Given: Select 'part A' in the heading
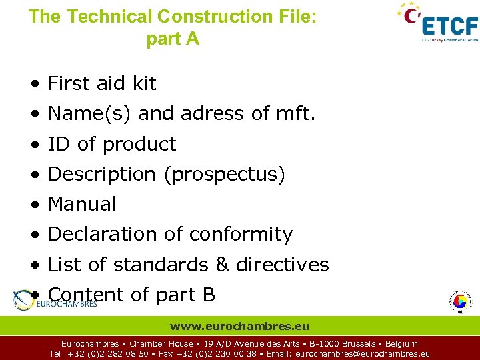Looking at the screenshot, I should pyautogui.click(x=173, y=39).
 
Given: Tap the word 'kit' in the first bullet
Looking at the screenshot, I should pyautogui.click(x=145, y=83).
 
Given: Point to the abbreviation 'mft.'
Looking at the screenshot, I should pyautogui.click(x=295, y=114).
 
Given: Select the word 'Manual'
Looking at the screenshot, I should pyautogui.click(x=82, y=204).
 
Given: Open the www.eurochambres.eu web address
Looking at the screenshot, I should pyautogui.click(x=239, y=327).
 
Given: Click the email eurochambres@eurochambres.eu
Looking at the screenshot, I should pyautogui.click(x=362, y=354).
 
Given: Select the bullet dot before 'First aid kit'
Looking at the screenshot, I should pyautogui.click(x=33, y=84).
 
